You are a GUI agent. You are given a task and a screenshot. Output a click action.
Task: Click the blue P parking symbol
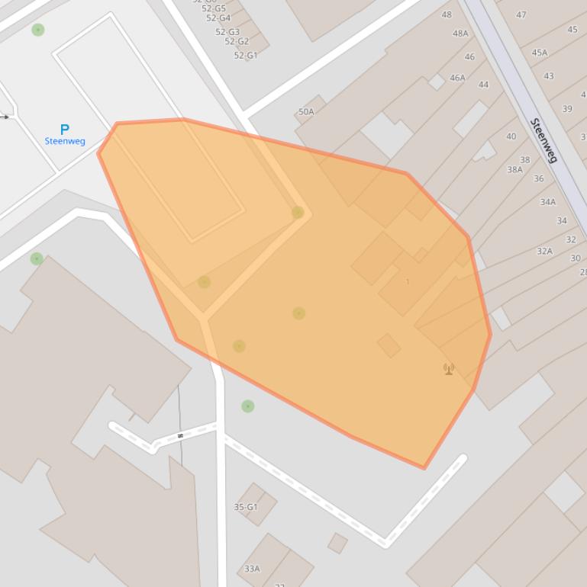[x=64, y=130]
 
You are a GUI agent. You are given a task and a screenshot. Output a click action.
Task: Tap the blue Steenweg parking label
[x=65, y=141]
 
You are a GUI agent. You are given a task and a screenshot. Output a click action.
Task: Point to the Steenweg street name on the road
[x=543, y=140]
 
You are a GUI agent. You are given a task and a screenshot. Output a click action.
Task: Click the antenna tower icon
[x=449, y=369]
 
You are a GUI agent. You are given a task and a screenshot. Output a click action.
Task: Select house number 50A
[x=306, y=111]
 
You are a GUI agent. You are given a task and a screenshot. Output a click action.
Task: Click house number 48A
[x=460, y=34]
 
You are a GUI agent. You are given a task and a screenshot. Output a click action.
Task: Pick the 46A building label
[x=457, y=78]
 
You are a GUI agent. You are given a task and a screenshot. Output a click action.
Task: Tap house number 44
[x=483, y=85]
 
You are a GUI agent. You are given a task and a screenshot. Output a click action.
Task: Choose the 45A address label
[x=540, y=53]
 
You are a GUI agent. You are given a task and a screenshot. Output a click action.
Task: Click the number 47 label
[x=521, y=14]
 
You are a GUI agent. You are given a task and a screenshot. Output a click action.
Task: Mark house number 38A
[x=515, y=170]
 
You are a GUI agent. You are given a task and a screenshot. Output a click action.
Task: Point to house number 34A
[x=548, y=202]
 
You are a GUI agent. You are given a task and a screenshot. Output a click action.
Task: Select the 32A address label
[x=544, y=251]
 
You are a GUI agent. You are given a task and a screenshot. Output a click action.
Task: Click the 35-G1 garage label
[x=246, y=507]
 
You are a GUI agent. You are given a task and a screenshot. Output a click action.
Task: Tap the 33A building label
[x=252, y=569]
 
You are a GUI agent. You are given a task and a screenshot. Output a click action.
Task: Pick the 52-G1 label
[x=246, y=56]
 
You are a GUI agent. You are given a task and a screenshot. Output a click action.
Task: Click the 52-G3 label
[x=227, y=32]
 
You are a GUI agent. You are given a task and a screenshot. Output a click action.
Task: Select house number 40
[x=511, y=136]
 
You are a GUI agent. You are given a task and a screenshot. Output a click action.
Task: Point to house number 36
[x=539, y=178]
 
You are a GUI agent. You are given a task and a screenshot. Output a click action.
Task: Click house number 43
[x=549, y=76]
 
